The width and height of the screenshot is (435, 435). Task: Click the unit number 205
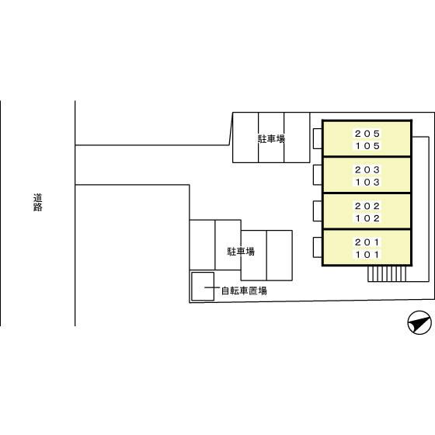click(x=367, y=134)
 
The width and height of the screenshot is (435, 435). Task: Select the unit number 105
click(x=367, y=146)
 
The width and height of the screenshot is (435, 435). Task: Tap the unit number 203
click(x=367, y=170)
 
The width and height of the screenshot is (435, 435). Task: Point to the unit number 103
click(x=367, y=183)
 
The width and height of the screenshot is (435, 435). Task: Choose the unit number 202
click(x=367, y=206)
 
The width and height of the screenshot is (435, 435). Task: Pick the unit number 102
click(x=367, y=218)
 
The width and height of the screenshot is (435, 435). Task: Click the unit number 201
click(x=367, y=242)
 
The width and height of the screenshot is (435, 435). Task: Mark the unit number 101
click(x=367, y=255)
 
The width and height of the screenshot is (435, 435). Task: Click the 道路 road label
click(x=38, y=203)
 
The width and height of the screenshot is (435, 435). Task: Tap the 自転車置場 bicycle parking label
click(x=244, y=291)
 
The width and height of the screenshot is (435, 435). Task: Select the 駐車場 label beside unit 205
click(x=271, y=139)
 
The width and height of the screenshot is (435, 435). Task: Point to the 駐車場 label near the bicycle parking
click(x=241, y=252)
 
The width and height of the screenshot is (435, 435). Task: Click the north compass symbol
click(x=419, y=322)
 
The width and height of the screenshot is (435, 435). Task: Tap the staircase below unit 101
click(x=387, y=273)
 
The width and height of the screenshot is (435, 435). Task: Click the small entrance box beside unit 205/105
click(x=318, y=138)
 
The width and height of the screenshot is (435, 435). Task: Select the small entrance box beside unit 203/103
click(x=318, y=175)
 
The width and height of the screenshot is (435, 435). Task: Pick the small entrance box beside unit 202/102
click(x=318, y=211)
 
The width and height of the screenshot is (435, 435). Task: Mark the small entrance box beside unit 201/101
click(x=318, y=248)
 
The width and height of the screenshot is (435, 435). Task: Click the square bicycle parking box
click(x=203, y=287)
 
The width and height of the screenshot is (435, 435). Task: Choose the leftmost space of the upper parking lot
click(x=245, y=137)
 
